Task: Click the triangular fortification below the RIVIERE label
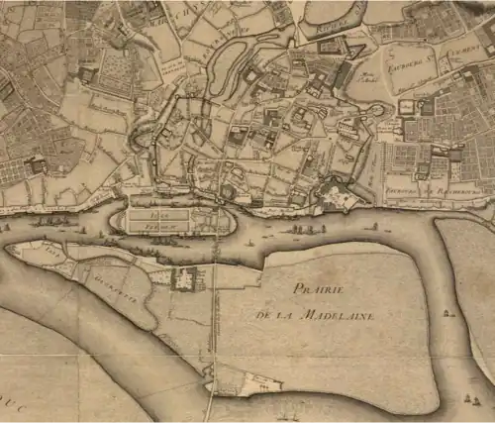pos(328,46)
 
